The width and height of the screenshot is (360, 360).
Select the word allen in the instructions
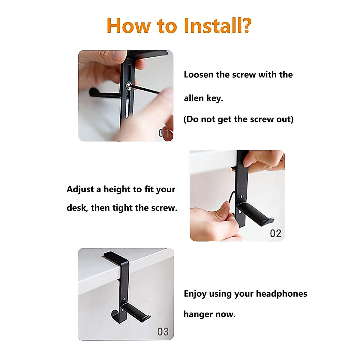click(x=194, y=98)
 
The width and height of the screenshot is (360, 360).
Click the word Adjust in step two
click(x=80, y=189)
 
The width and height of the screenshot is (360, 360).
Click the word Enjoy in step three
click(x=195, y=294)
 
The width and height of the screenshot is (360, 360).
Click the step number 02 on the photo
click(x=275, y=233)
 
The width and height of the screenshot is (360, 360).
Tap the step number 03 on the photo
click(x=163, y=331)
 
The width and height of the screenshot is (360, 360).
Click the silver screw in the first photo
click(x=128, y=86)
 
